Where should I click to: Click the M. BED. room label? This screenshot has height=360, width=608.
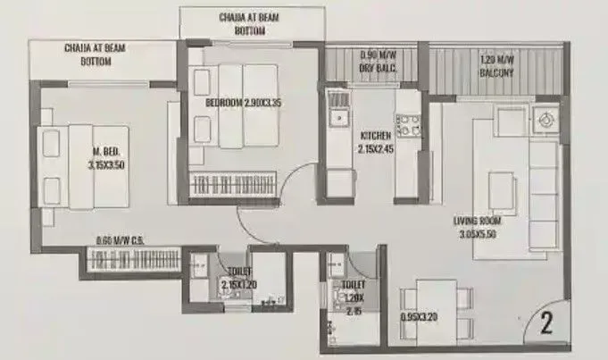coord(106,158)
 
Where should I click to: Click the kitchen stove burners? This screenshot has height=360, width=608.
coord(408,124)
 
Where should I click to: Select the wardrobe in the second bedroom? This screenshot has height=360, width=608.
coord(234,185)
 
